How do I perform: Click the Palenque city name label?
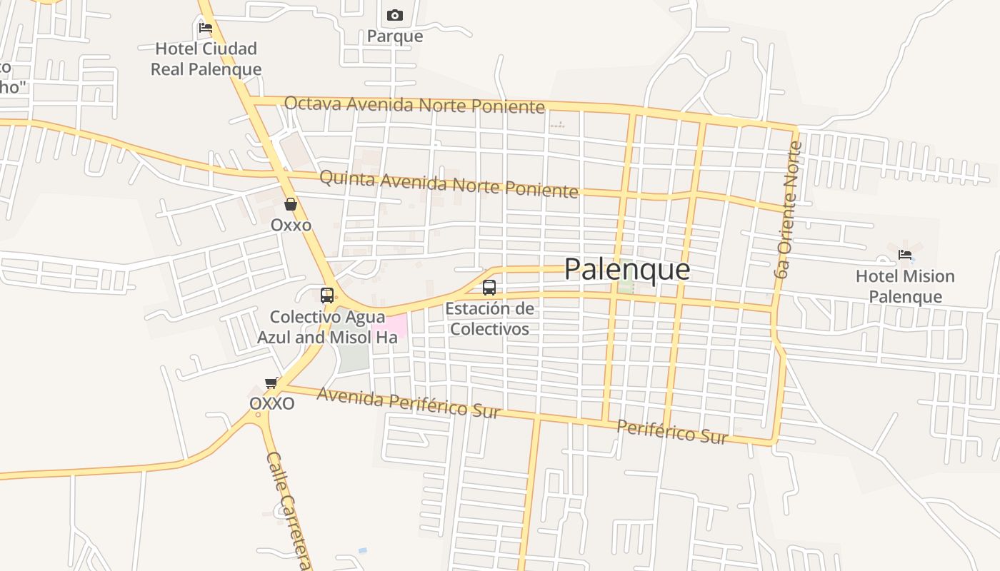point(626,269)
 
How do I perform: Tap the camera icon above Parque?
point(395,15)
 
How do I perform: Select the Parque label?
point(395,36)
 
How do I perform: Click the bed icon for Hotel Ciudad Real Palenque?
point(206,28)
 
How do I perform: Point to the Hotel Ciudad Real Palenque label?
point(208,59)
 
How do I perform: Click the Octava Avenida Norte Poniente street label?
point(414,105)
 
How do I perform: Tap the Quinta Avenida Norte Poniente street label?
point(448,184)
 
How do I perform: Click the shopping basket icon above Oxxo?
point(291,204)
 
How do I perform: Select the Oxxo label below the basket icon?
point(291,225)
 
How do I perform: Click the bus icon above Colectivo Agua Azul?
point(327,295)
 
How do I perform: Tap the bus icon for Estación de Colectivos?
point(489,288)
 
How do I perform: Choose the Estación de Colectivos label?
point(489,319)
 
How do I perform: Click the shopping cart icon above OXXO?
point(271,383)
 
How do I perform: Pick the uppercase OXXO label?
point(271,403)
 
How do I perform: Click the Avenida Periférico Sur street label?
point(408,403)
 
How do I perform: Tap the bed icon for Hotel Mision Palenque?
point(905,255)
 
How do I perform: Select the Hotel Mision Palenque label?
point(905,286)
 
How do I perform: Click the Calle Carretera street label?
point(289,510)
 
